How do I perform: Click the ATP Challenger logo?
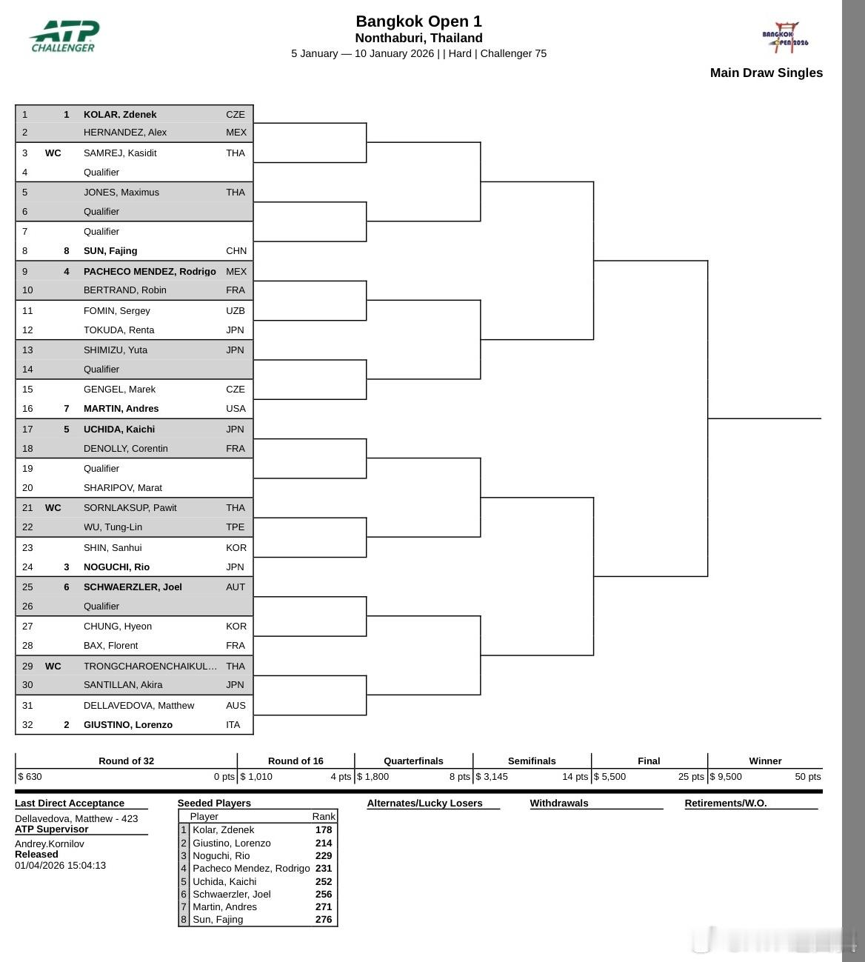tap(64, 36)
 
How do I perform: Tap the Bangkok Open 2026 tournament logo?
tap(785, 37)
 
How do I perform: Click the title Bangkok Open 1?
tap(418, 21)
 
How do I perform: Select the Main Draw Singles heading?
tap(766, 73)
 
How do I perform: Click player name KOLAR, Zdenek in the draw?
tap(119, 114)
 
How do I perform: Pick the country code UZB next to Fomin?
tap(235, 310)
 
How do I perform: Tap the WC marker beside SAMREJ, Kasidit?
tap(53, 153)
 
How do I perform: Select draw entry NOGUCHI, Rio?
tap(116, 567)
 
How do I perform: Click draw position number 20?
tap(27, 487)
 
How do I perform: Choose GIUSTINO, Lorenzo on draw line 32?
tap(127, 724)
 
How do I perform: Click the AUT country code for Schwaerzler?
tap(235, 587)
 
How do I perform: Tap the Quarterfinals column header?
tap(413, 761)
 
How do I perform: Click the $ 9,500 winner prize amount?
tap(726, 776)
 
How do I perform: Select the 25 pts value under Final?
tap(691, 776)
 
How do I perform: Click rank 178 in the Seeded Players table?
tap(324, 829)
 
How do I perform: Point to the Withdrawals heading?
tap(558, 803)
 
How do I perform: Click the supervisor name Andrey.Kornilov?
tap(50, 844)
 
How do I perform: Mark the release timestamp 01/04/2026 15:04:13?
tap(60, 865)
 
